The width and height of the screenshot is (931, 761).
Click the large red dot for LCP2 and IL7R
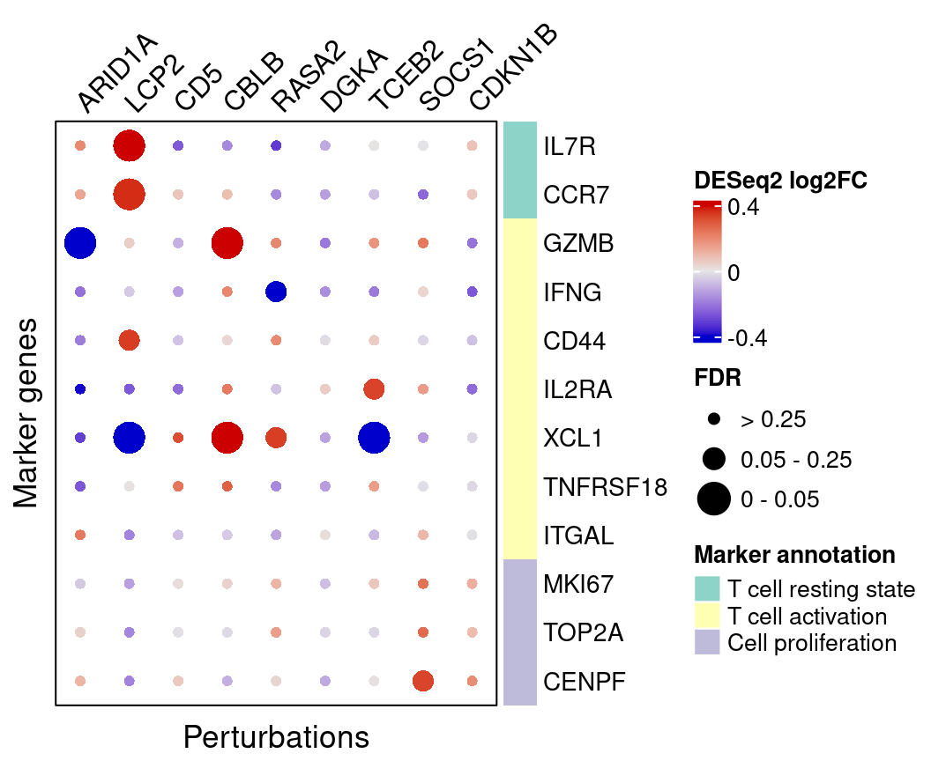[129, 145]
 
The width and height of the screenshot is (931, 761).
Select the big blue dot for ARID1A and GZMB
[80, 242]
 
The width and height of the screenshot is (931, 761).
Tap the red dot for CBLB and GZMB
[227, 242]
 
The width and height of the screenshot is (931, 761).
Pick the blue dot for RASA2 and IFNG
[276, 291]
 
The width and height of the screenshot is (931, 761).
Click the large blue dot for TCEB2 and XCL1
[374, 437]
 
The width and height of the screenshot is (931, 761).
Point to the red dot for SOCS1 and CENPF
[423, 680]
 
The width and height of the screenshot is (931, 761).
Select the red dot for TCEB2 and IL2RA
[374, 388]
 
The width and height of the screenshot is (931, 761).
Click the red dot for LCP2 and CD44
[129, 340]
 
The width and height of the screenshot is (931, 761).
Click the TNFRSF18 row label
[605, 486]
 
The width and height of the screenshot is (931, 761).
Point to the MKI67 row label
[578, 584]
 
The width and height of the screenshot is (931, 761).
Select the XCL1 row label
[573, 438]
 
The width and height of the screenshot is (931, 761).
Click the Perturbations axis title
[276, 736]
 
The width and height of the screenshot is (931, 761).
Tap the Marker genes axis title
[27, 412]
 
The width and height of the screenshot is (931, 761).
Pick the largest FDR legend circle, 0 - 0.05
[714, 499]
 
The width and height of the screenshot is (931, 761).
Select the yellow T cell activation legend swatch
[707, 615]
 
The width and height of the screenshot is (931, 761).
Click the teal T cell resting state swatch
[707, 588]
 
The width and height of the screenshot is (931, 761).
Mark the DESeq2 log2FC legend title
[781, 181]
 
